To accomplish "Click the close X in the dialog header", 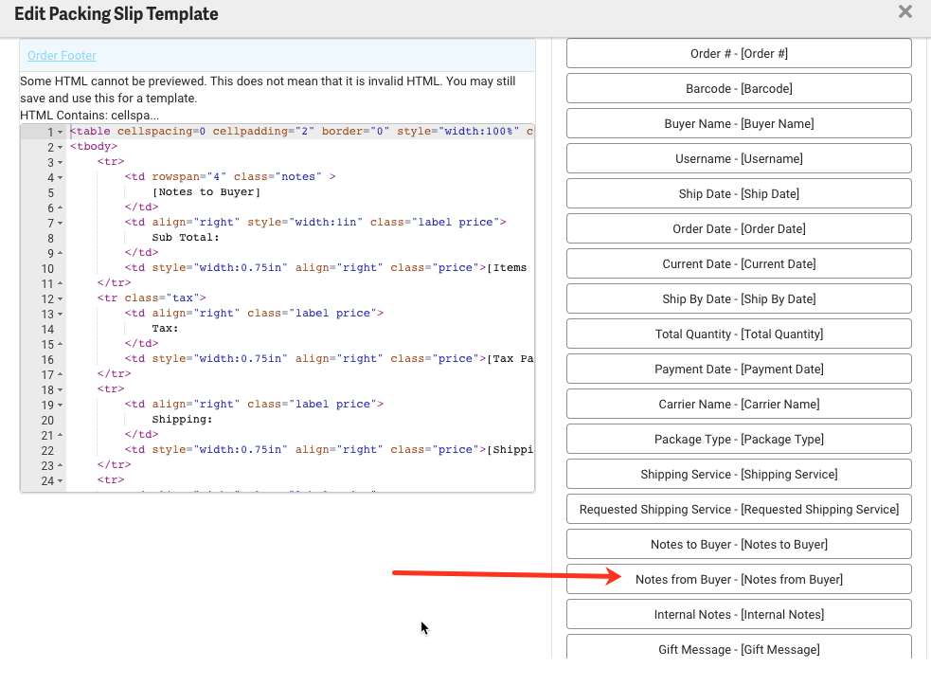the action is pyautogui.click(x=904, y=12).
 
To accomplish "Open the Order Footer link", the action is pyautogui.click(x=62, y=56).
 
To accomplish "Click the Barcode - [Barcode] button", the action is pyautogui.click(x=739, y=88).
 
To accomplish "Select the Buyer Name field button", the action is pyautogui.click(x=739, y=123).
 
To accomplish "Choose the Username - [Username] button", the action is pyautogui.click(x=739, y=158).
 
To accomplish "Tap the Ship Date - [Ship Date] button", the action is pyautogui.click(x=739, y=193).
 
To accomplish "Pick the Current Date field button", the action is pyautogui.click(x=739, y=263).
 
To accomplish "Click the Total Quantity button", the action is pyautogui.click(x=739, y=334).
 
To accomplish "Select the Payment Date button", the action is pyautogui.click(x=739, y=369).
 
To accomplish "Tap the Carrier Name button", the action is pyautogui.click(x=739, y=404).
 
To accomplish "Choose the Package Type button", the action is pyautogui.click(x=739, y=439).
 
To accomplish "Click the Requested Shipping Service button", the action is pyautogui.click(x=739, y=509).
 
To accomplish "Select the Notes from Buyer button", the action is pyautogui.click(x=739, y=579).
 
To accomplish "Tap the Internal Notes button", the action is pyautogui.click(x=739, y=614).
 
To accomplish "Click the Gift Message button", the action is pyautogui.click(x=739, y=649).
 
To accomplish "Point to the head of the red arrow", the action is pyautogui.click(x=620, y=577).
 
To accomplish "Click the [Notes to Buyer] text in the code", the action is pyautogui.click(x=206, y=192).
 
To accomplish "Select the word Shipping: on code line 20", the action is pyautogui.click(x=182, y=420).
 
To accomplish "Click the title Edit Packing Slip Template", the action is pyautogui.click(x=116, y=14).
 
